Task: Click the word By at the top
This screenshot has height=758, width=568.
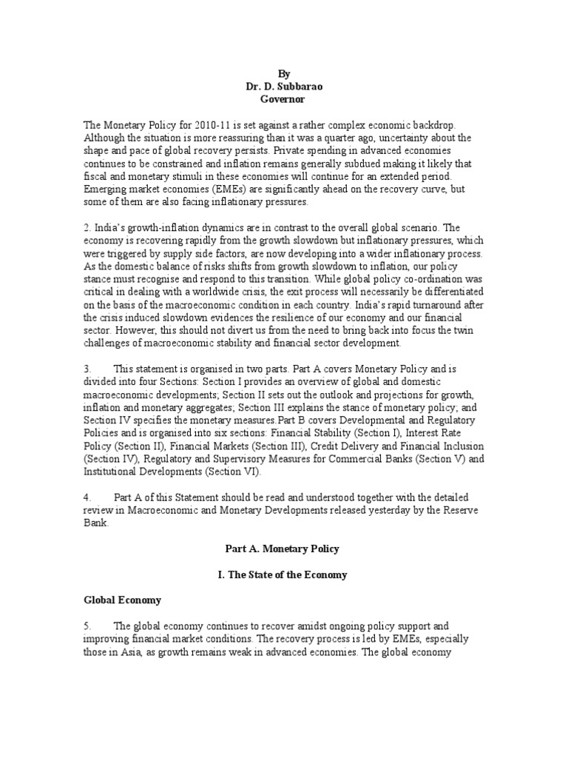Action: (284, 74)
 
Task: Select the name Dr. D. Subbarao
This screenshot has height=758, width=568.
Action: (284, 86)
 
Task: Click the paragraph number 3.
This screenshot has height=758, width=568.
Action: (87, 368)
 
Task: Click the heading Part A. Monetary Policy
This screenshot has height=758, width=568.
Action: (284, 550)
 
